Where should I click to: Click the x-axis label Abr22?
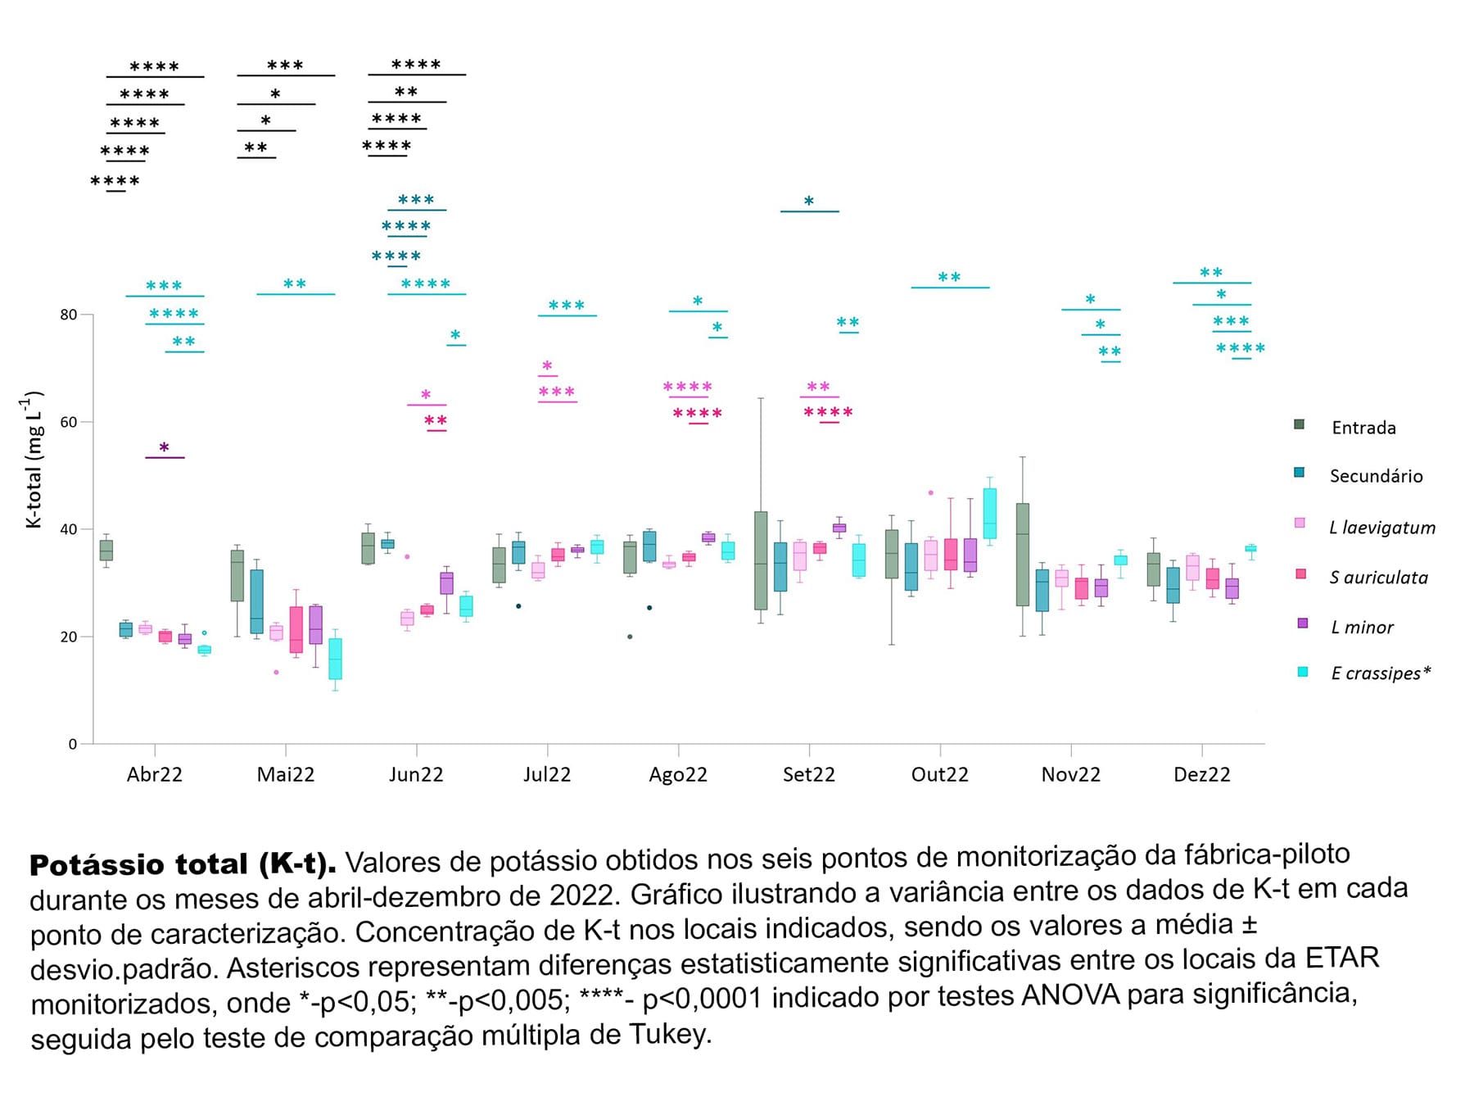click(x=154, y=774)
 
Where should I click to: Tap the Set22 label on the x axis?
click(x=808, y=774)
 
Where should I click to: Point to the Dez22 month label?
click(x=1201, y=774)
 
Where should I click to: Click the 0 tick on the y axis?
click(x=73, y=744)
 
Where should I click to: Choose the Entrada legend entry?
click(x=1363, y=428)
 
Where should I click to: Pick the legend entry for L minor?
click(x=1362, y=628)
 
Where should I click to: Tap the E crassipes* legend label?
click(x=1381, y=673)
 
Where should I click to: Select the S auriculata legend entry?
click(x=1378, y=578)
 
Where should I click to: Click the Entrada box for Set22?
click(x=761, y=561)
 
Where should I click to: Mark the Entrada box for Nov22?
click(x=1022, y=555)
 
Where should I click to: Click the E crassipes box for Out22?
click(x=989, y=514)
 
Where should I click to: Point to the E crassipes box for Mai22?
click(x=335, y=659)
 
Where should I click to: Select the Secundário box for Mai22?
click(x=256, y=601)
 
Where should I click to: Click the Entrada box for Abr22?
click(x=106, y=550)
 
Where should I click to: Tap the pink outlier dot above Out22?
click(x=930, y=492)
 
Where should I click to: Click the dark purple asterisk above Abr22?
click(x=164, y=448)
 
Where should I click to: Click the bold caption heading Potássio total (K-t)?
click(x=183, y=864)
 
